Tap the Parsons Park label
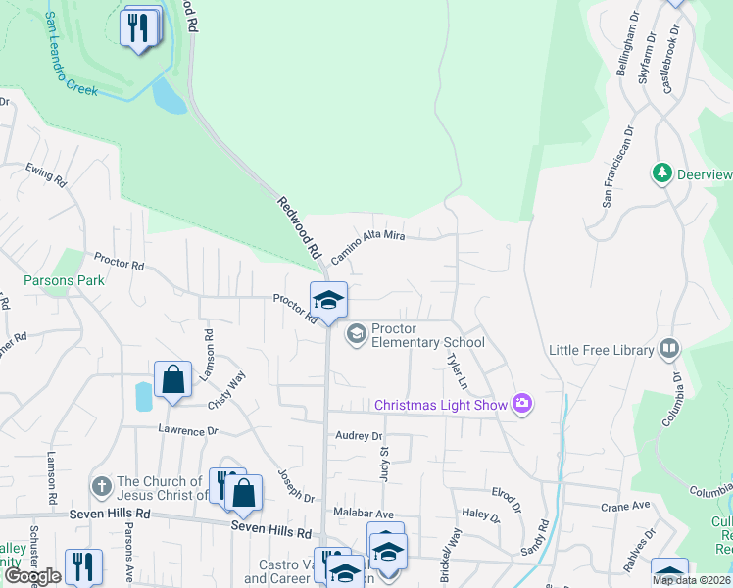tap(65, 280)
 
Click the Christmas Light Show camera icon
tap(521, 404)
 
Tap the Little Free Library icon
tap(669, 349)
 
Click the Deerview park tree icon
tap(662, 173)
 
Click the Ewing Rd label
tap(46, 175)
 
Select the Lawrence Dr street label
tap(188, 429)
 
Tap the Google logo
tap(32, 576)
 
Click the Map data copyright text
tap(692, 580)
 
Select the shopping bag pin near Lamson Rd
tap(172, 380)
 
